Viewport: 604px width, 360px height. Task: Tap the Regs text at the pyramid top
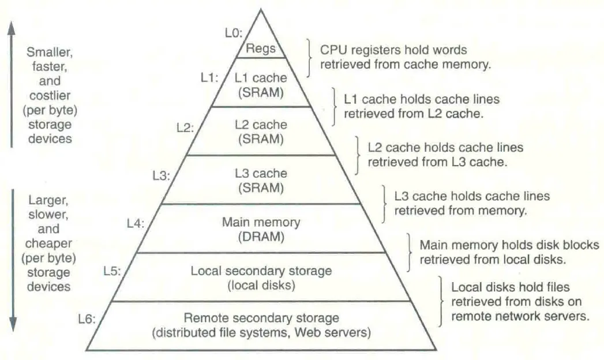pos(261,48)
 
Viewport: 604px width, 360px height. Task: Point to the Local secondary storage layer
pos(261,277)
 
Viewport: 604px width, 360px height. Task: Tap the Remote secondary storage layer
pos(261,325)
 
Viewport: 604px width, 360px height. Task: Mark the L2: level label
pos(185,128)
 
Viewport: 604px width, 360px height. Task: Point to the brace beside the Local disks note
pos(441,300)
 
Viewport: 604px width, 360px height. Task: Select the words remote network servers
pos(520,316)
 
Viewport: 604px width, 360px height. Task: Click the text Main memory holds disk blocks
pos(509,245)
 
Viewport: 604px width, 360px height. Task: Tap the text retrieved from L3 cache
pos(437,162)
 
